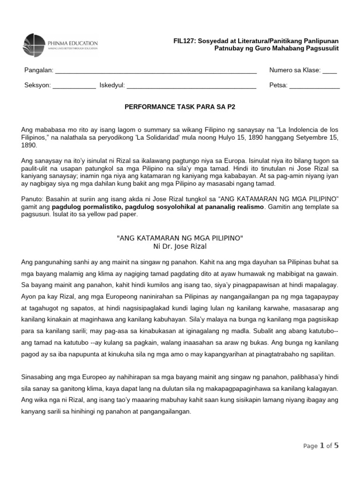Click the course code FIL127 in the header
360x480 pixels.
[x=184, y=41]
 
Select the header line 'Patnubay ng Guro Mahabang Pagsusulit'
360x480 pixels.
[x=277, y=49]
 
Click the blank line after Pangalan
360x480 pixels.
[x=156, y=71]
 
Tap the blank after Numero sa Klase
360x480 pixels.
[x=330, y=71]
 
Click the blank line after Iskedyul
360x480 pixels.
[x=191, y=86]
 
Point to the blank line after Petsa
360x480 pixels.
[x=315, y=86]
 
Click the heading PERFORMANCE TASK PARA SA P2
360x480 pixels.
[x=180, y=106]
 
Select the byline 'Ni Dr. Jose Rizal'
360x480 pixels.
[x=180, y=246]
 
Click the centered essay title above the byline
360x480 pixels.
[x=180, y=238]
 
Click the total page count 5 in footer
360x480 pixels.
[x=336, y=446]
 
